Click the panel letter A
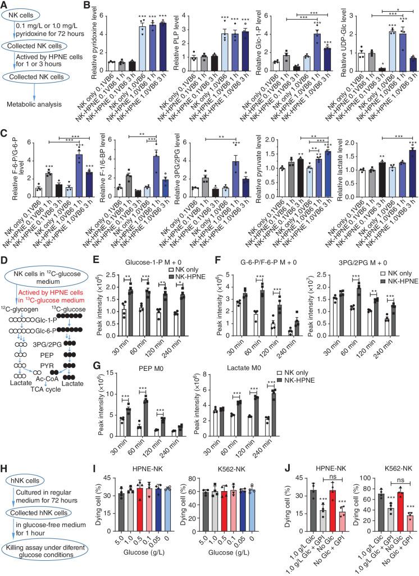[x=5, y=5]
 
